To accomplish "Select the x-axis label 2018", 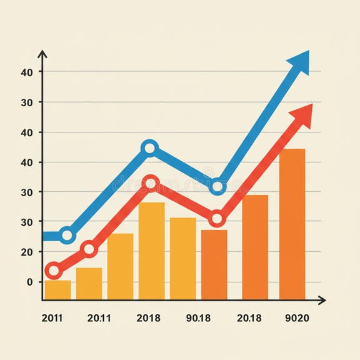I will point(148,318).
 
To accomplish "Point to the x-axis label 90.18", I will point(199,318).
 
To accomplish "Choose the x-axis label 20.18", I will point(249,318).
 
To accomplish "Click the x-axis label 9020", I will point(296,318).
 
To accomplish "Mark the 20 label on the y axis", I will point(26,252).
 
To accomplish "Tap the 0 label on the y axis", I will point(29,282).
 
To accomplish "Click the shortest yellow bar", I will point(57,290).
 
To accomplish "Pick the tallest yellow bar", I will point(151,250).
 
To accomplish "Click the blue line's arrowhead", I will point(300,62).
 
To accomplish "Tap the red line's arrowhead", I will point(302,114).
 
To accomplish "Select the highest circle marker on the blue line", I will point(149,148).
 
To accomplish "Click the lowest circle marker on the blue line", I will point(67,236).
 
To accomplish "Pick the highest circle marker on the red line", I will point(151,184).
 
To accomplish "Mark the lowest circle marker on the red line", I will point(54,271).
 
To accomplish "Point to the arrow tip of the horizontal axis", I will point(324,301).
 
